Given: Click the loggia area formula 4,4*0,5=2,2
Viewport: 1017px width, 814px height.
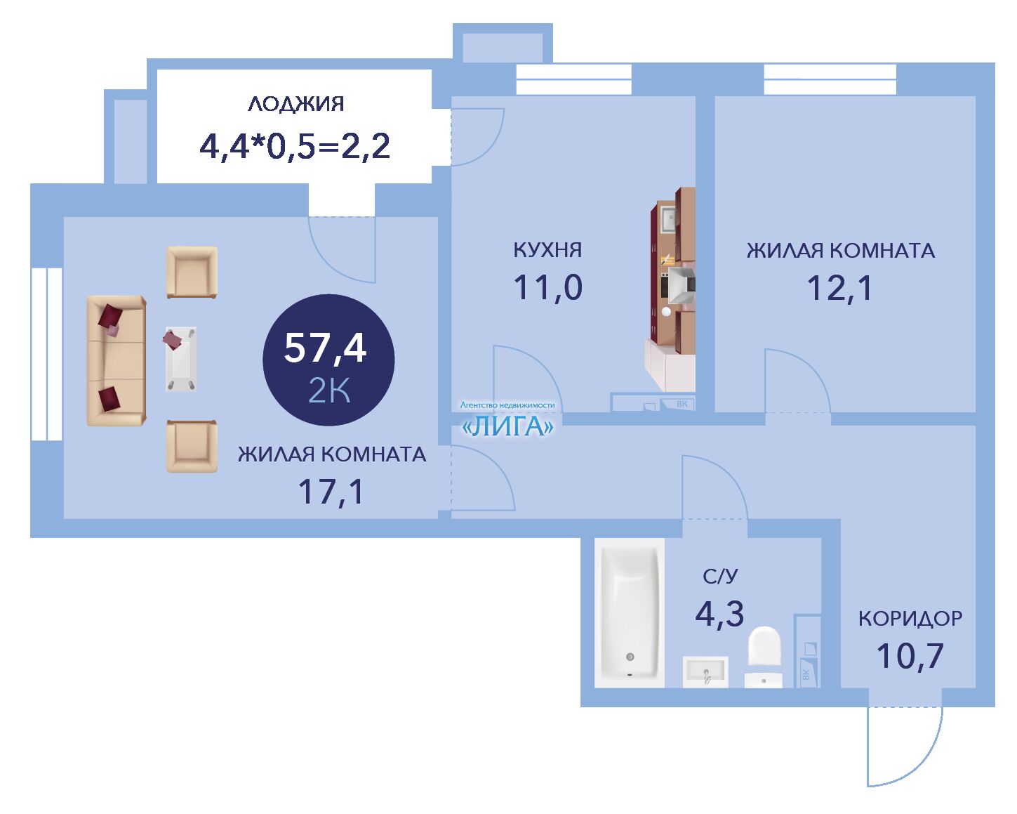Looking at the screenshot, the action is pos(295,147).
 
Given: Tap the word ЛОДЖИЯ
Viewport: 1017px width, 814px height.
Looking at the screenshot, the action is pos(296,104).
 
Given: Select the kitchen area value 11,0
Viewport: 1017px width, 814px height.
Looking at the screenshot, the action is pos(547,288).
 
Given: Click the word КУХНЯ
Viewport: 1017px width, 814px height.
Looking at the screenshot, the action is pos(547,250).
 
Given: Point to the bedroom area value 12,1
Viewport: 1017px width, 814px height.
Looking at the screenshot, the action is pos(839,289).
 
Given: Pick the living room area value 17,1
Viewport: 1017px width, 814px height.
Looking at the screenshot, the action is pos(331,492).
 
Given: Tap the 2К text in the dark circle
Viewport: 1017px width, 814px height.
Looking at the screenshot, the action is pos(329,390).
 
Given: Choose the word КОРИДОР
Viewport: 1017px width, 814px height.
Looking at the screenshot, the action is pos(910,619).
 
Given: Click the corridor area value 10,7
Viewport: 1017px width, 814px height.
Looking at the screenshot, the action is pos(910,656).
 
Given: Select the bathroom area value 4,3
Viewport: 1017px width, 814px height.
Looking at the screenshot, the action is pos(719,614).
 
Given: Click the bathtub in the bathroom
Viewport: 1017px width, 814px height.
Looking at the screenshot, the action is pos(629,612).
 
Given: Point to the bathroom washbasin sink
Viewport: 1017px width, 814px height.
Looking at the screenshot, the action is pos(705,671).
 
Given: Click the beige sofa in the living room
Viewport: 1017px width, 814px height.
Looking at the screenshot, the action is pos(117,361).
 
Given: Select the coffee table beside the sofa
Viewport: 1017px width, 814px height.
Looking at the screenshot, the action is pos(181,359).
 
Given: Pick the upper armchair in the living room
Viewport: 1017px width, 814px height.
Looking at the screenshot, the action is pos(192,272).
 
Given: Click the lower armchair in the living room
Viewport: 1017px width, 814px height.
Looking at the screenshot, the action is pos(192,447).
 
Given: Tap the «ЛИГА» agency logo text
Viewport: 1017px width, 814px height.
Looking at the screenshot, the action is pos(507,426).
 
